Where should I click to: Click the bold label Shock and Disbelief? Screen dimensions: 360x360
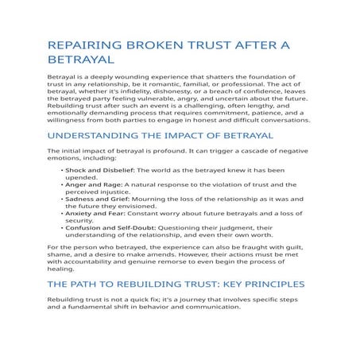click(100, 171)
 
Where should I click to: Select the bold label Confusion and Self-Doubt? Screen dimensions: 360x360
click(106, 226)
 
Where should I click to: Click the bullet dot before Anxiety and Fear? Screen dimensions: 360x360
click(61, 213)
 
